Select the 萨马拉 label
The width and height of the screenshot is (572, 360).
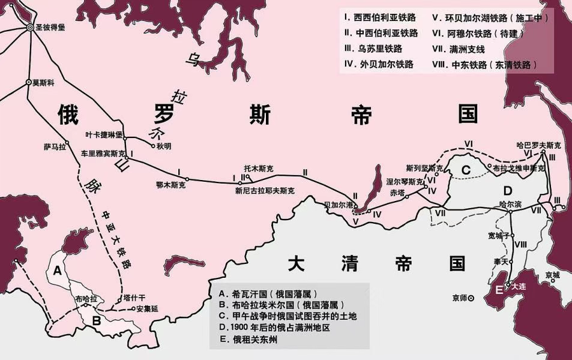pos(55,146)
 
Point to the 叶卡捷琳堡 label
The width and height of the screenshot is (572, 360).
pos(104,134)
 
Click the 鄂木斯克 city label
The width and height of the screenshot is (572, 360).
pos(170,186)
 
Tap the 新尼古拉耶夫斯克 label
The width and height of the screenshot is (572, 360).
pos(265,191)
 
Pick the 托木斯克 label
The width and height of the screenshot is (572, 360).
pos(259,169)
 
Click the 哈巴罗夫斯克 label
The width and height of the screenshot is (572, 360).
pos(539,145)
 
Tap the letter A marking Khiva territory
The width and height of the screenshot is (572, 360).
pos(58,271)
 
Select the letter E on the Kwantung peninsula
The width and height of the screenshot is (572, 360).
pos(499,290)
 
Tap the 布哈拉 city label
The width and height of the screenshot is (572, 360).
pos(86,298)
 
